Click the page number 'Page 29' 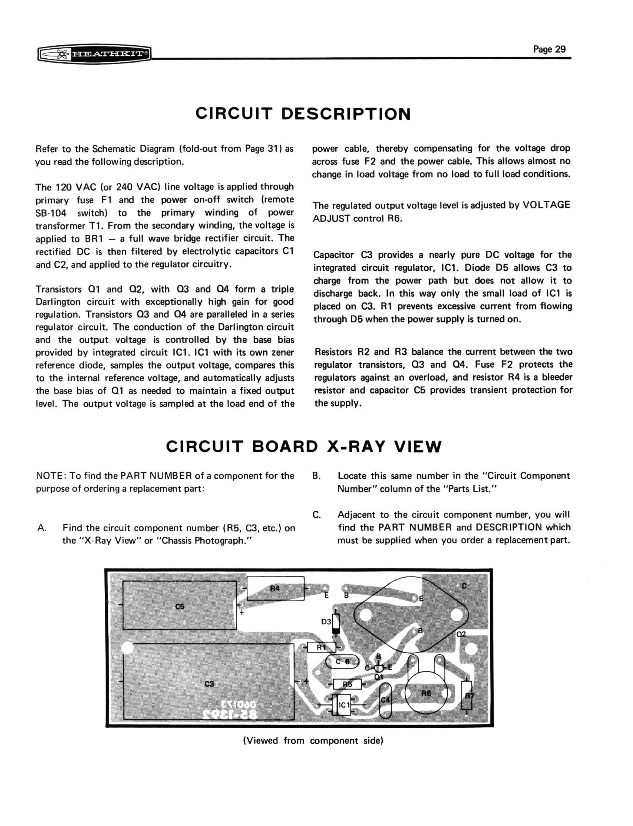click(549, 49)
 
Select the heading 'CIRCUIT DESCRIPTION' click(303, 114)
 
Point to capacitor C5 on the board click(180, 607)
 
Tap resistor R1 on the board click(321, 647)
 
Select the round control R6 click(426, 693)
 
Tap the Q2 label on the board click(461, 634)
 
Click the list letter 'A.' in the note click(42, 528)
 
